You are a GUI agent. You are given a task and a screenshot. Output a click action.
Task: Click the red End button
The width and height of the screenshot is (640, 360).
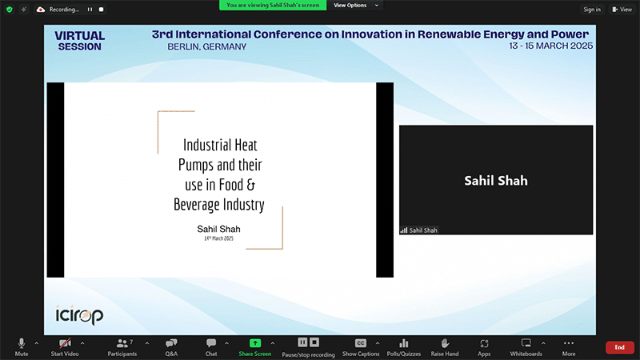point(619,347)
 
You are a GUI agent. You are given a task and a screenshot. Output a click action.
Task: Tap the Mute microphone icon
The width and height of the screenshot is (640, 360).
point(22,343)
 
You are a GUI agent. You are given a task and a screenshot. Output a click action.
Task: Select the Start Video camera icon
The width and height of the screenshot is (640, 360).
point(65,343)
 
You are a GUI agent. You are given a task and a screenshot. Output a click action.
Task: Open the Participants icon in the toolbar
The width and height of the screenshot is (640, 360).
point(122,343)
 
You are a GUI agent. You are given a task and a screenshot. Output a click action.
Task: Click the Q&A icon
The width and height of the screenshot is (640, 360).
point(171,343)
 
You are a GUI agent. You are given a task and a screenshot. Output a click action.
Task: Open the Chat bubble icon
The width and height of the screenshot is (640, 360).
point(211,343)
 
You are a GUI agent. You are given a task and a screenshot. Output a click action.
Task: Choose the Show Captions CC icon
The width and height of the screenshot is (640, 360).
point(361,343)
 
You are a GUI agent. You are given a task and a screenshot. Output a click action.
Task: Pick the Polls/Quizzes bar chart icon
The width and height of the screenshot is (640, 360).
point(404,343)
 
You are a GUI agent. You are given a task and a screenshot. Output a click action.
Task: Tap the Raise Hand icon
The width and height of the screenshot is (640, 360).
point(445,343)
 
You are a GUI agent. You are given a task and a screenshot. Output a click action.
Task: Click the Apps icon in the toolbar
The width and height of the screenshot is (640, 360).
point(484,344)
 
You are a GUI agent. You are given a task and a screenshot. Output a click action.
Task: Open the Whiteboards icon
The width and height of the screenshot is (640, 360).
point(526,343)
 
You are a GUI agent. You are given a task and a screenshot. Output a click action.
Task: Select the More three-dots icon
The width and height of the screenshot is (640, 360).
point(569,343)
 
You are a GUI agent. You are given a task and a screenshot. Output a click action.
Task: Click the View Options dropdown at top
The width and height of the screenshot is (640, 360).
point(356,6)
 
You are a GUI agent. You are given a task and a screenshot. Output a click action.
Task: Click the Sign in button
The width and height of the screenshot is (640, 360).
point(592,10)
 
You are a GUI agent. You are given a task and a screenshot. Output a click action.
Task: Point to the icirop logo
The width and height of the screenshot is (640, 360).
point(79,314)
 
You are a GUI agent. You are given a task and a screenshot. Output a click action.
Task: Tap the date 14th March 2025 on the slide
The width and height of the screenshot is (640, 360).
point(218,238)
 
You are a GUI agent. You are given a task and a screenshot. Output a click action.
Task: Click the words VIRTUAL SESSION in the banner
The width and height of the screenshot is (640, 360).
point(79,42)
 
